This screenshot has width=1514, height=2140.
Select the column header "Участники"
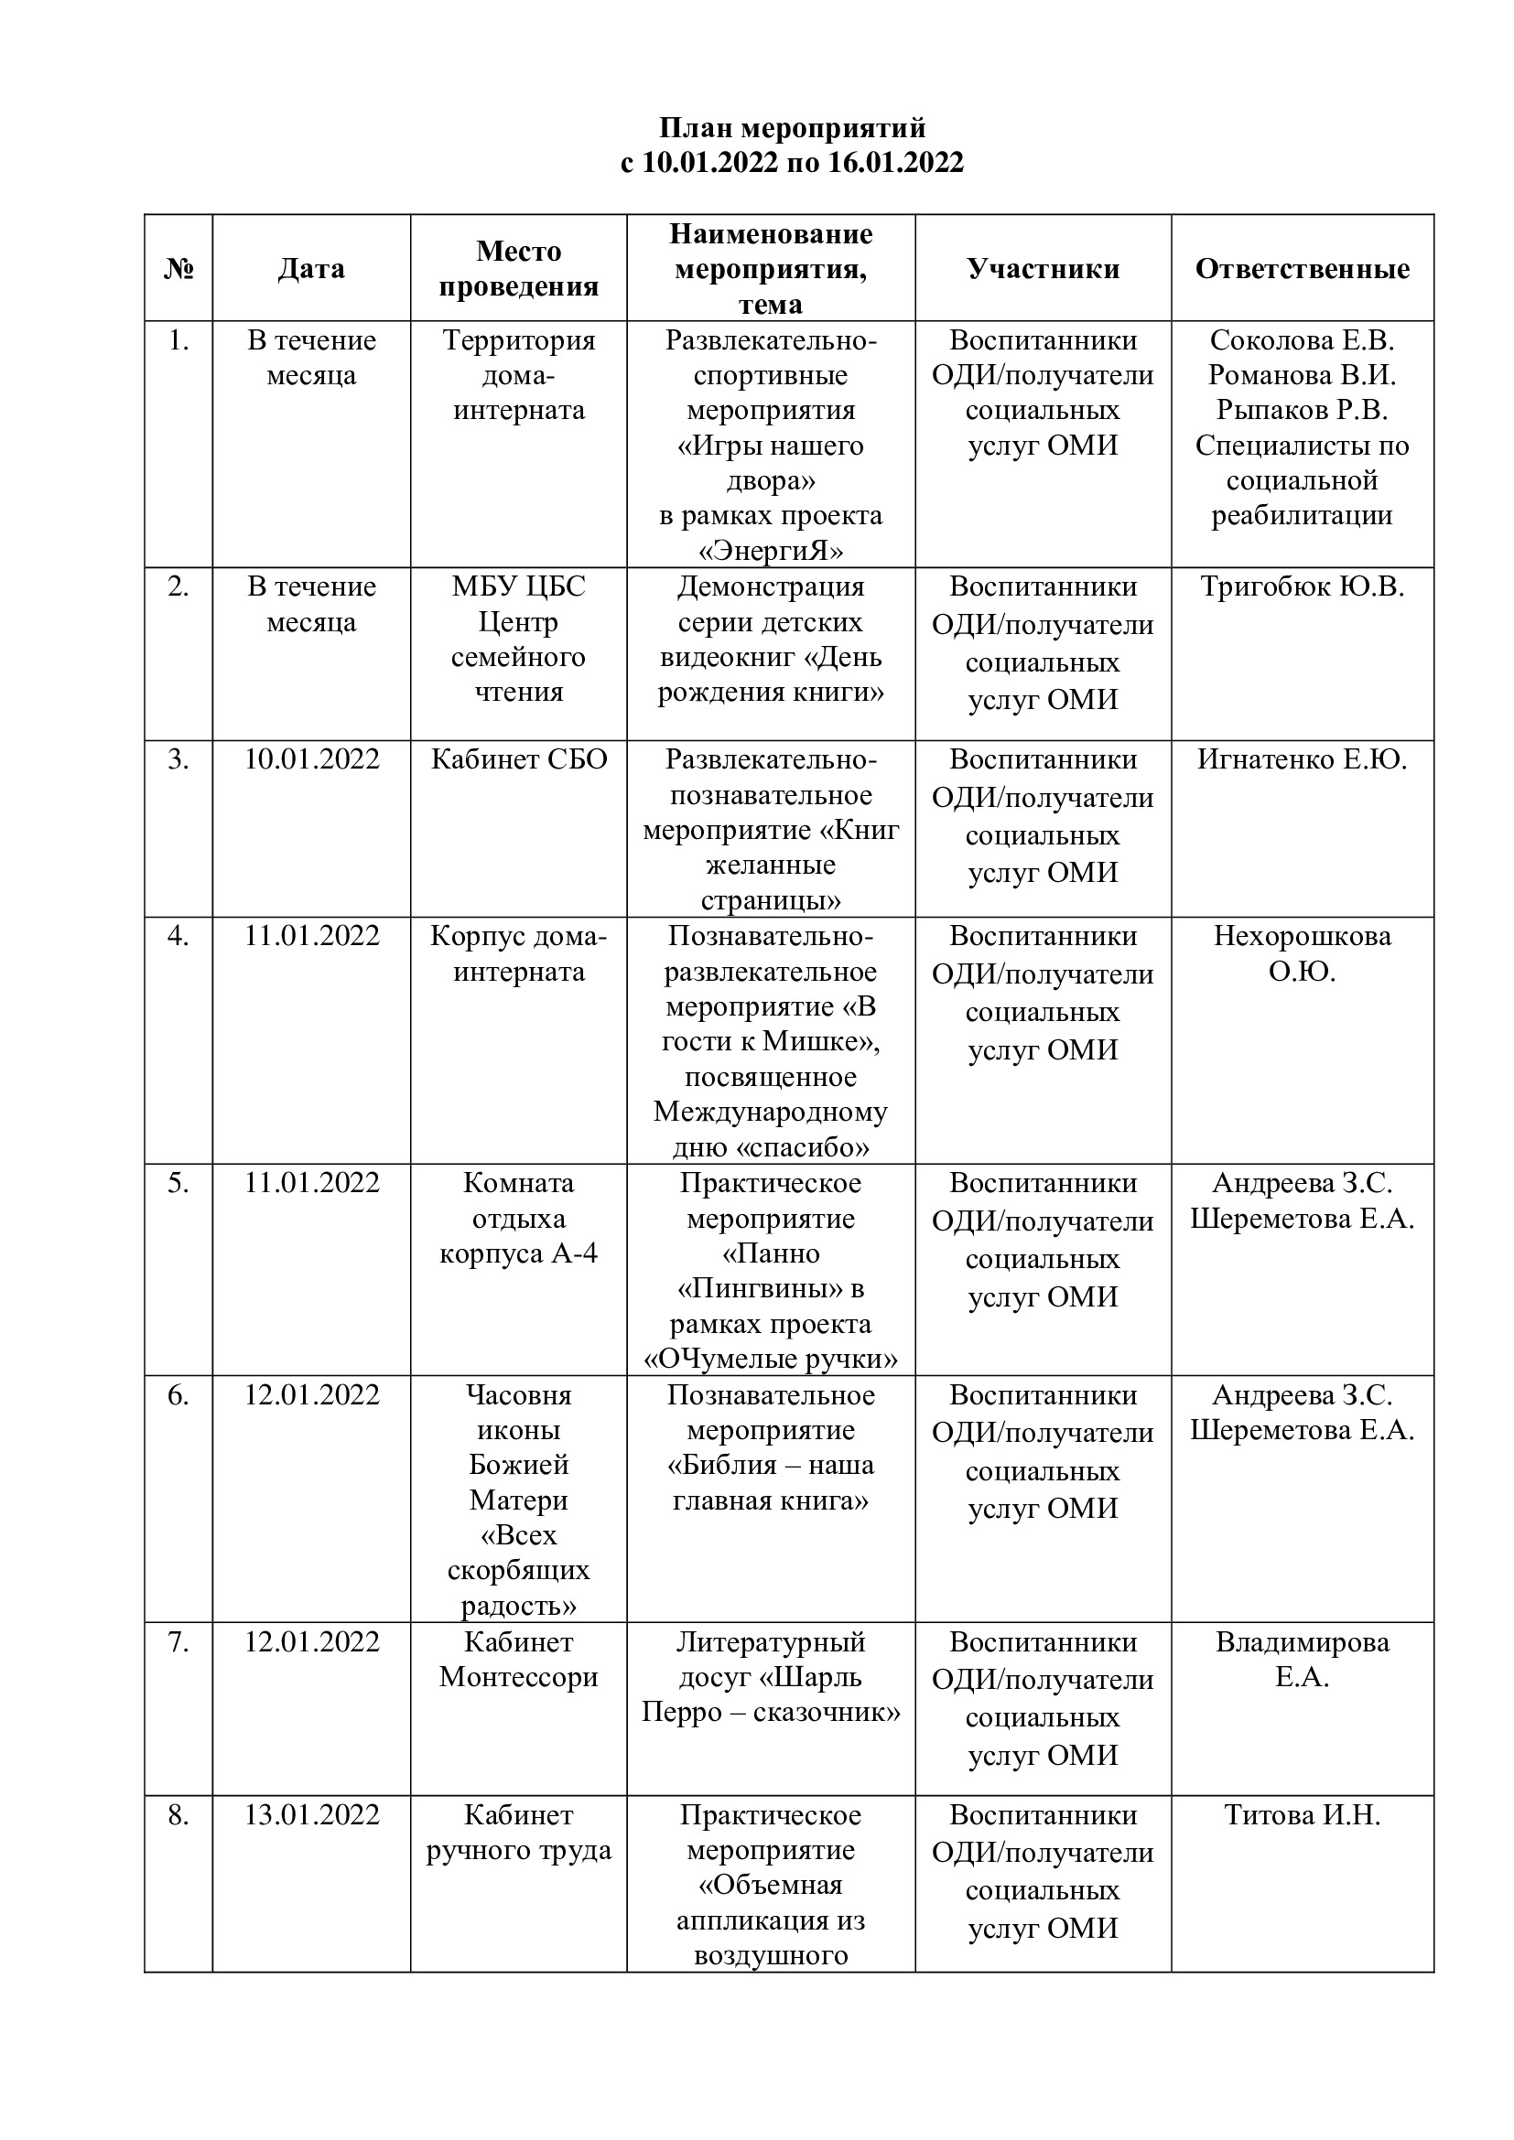(1043, 268)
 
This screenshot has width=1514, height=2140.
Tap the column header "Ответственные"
(1302, 268)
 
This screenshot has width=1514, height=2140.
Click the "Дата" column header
(311, 268)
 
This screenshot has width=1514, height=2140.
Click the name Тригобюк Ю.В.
(1302, 586)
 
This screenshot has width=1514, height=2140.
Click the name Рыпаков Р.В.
(1302, 410)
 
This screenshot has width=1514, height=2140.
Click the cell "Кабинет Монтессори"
(518, 1659)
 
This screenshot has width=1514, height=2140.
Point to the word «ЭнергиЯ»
(771, 551)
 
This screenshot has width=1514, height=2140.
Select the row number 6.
(178, 1395)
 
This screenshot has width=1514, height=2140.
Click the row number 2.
(178, 586)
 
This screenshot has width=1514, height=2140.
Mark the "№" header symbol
(178, 268)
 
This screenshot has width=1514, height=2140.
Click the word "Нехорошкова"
(1302, 936)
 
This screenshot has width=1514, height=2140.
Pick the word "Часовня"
(518, 1395)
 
